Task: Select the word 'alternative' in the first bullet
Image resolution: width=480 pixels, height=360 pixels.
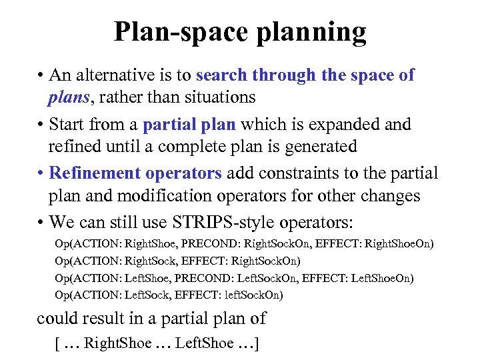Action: pos(123,75)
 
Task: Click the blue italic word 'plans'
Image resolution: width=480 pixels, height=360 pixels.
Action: pos(67,97)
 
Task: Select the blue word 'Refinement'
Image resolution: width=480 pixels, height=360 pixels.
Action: pos(93,173)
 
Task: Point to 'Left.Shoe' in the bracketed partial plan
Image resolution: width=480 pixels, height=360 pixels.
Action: pos(207,343)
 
